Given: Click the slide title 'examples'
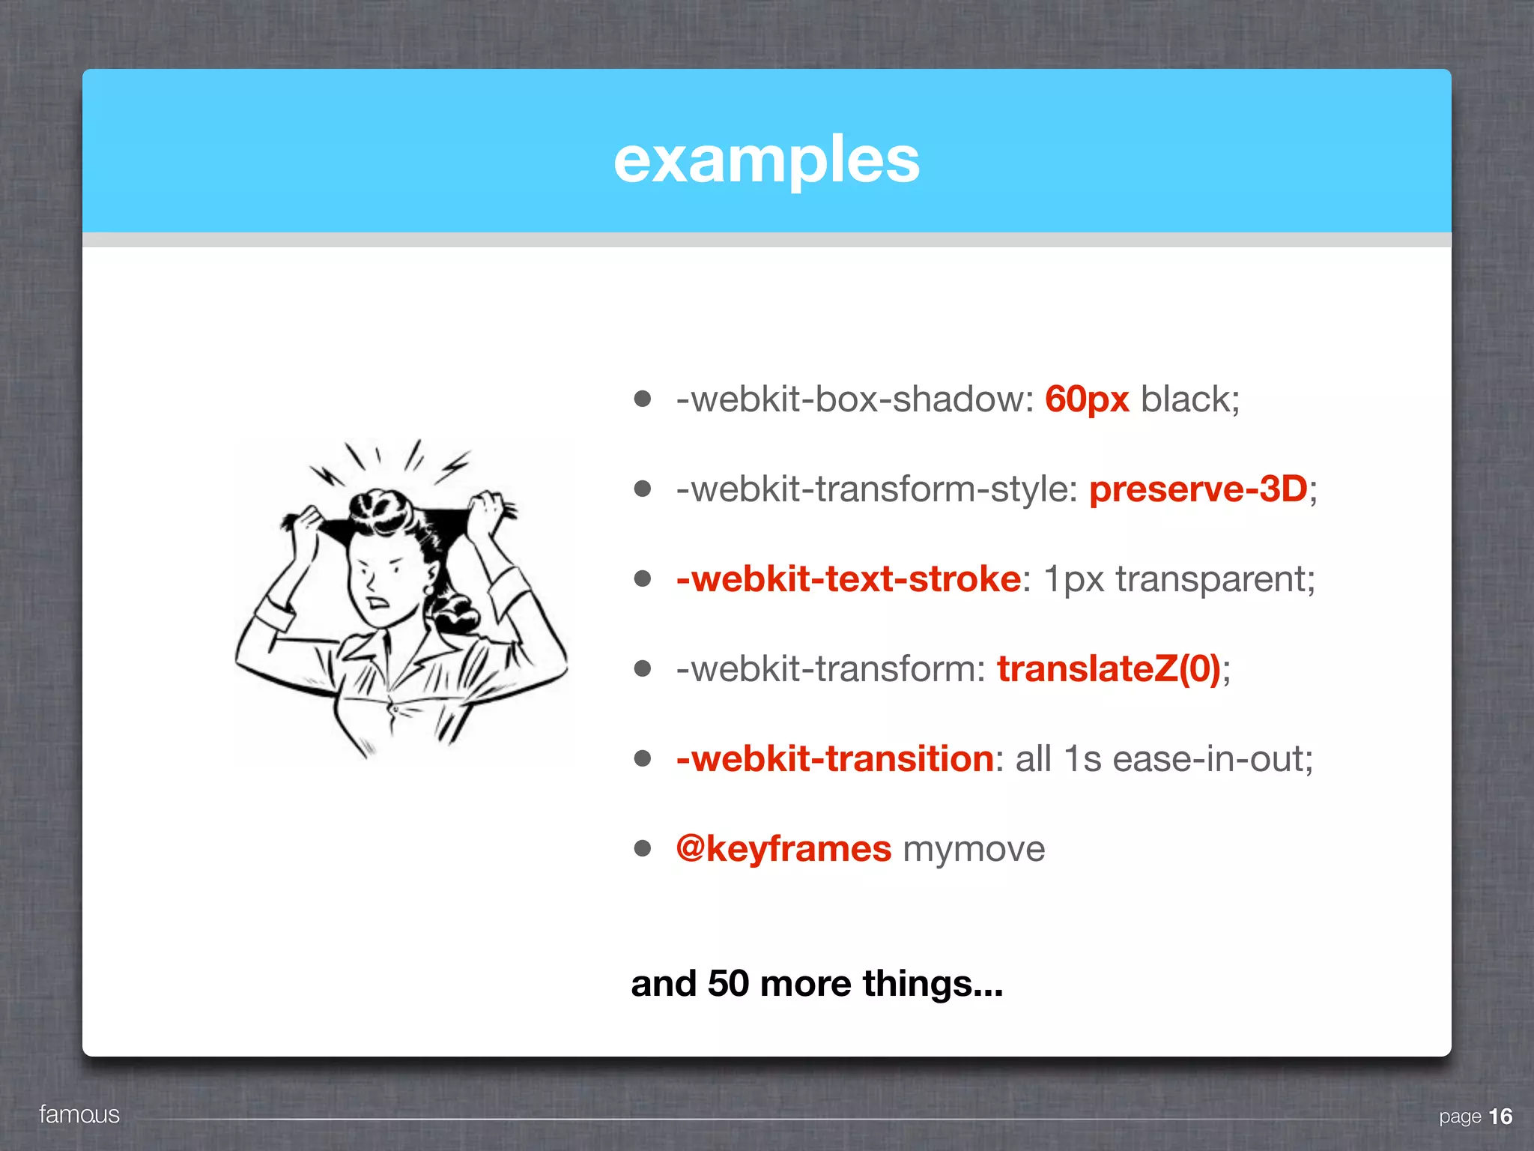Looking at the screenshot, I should [766, 160].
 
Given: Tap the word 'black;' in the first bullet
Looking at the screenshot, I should [1189, 399].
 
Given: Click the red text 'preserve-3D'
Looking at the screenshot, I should [1198, 489].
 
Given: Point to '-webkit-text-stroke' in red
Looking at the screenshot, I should [848, 579].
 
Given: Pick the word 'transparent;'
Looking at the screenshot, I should [1215, 579].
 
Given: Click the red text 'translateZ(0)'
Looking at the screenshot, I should [1109, 669].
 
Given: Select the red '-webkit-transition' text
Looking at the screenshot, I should [834, 759].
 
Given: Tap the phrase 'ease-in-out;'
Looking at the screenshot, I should [1212, 759].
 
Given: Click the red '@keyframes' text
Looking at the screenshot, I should [783, 849].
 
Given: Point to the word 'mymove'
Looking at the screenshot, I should [974, 849].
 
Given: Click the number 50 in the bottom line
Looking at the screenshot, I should [728, 983].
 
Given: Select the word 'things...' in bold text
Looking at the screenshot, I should [932, 983].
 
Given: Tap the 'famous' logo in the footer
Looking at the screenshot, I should [79, 1114].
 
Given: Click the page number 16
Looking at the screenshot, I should [1500, 1117].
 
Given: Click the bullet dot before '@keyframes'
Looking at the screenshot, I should [642, 848].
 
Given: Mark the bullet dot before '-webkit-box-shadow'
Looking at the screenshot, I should [642, 399].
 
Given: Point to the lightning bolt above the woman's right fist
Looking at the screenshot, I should [455, 466].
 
